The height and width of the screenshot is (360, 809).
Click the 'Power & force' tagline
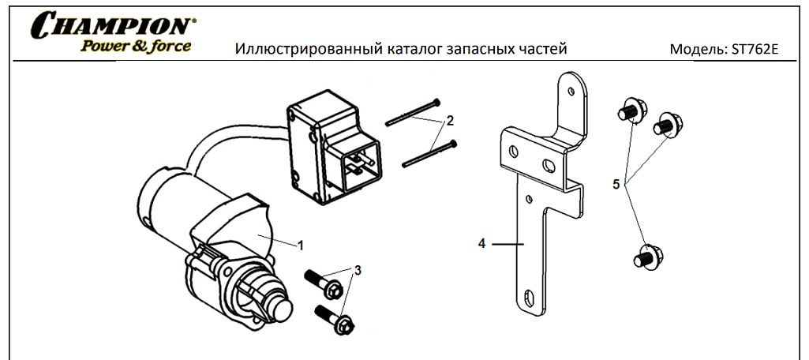tap(136, 46)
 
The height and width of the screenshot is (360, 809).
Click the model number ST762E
tap(755, 50)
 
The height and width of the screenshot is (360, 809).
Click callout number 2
tap(450, 120)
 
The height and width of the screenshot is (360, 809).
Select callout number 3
tap(358, 270)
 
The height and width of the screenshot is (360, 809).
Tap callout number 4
tap(481, 244)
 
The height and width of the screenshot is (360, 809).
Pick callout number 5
tap(616, 184)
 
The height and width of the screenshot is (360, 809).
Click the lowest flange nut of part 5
tap(648, 257)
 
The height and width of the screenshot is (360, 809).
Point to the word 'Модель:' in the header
tap(697, 50)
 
